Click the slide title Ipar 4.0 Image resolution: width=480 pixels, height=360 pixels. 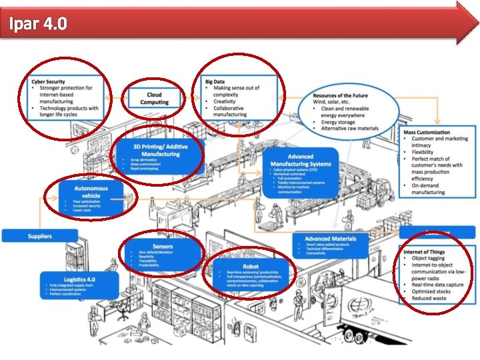[37, 24]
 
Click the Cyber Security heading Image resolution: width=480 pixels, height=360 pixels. [48, 81]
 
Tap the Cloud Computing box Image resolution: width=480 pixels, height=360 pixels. [155, 99]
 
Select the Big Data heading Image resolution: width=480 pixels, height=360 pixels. [215, 81]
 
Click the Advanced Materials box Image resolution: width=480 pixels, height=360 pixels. [330, 245]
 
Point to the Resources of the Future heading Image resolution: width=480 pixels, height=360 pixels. [340, 96]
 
